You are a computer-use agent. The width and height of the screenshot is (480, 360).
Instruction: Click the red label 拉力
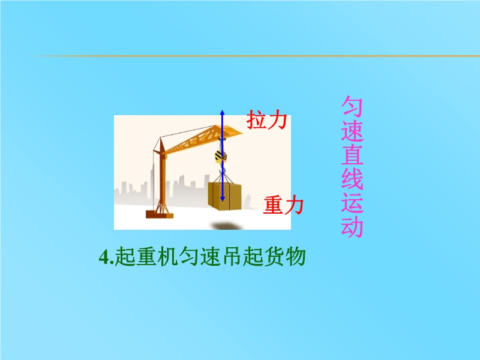[x=267, y=119]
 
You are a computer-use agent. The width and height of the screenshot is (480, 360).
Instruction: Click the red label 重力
[x=283, y=205]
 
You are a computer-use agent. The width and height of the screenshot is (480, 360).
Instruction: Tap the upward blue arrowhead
[x=223, y=113]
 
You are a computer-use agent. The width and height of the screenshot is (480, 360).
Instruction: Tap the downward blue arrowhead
[x=223, y=199]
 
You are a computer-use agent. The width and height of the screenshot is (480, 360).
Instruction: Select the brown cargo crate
[x=224, y=196]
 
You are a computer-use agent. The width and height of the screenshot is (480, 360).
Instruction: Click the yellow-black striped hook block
[x=221, y=156]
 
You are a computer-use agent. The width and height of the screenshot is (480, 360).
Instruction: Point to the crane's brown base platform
[x=160, y=214]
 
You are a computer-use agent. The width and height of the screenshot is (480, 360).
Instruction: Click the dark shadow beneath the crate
[x=227, y=226]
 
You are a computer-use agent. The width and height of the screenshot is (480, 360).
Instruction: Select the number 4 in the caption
[x=104, y=257]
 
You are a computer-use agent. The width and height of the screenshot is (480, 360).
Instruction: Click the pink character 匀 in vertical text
[x=352, y=106]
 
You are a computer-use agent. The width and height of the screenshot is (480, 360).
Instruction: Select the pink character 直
[x=352, y=155]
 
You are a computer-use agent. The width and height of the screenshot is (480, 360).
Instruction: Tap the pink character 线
[x=352, y=179]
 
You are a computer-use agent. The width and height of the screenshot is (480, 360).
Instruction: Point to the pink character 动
[x=352, y=227]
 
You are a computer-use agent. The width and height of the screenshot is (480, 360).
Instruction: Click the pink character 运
[x=352, y=203]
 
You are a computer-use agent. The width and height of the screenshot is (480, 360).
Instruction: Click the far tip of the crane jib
[x=242, y=133]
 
